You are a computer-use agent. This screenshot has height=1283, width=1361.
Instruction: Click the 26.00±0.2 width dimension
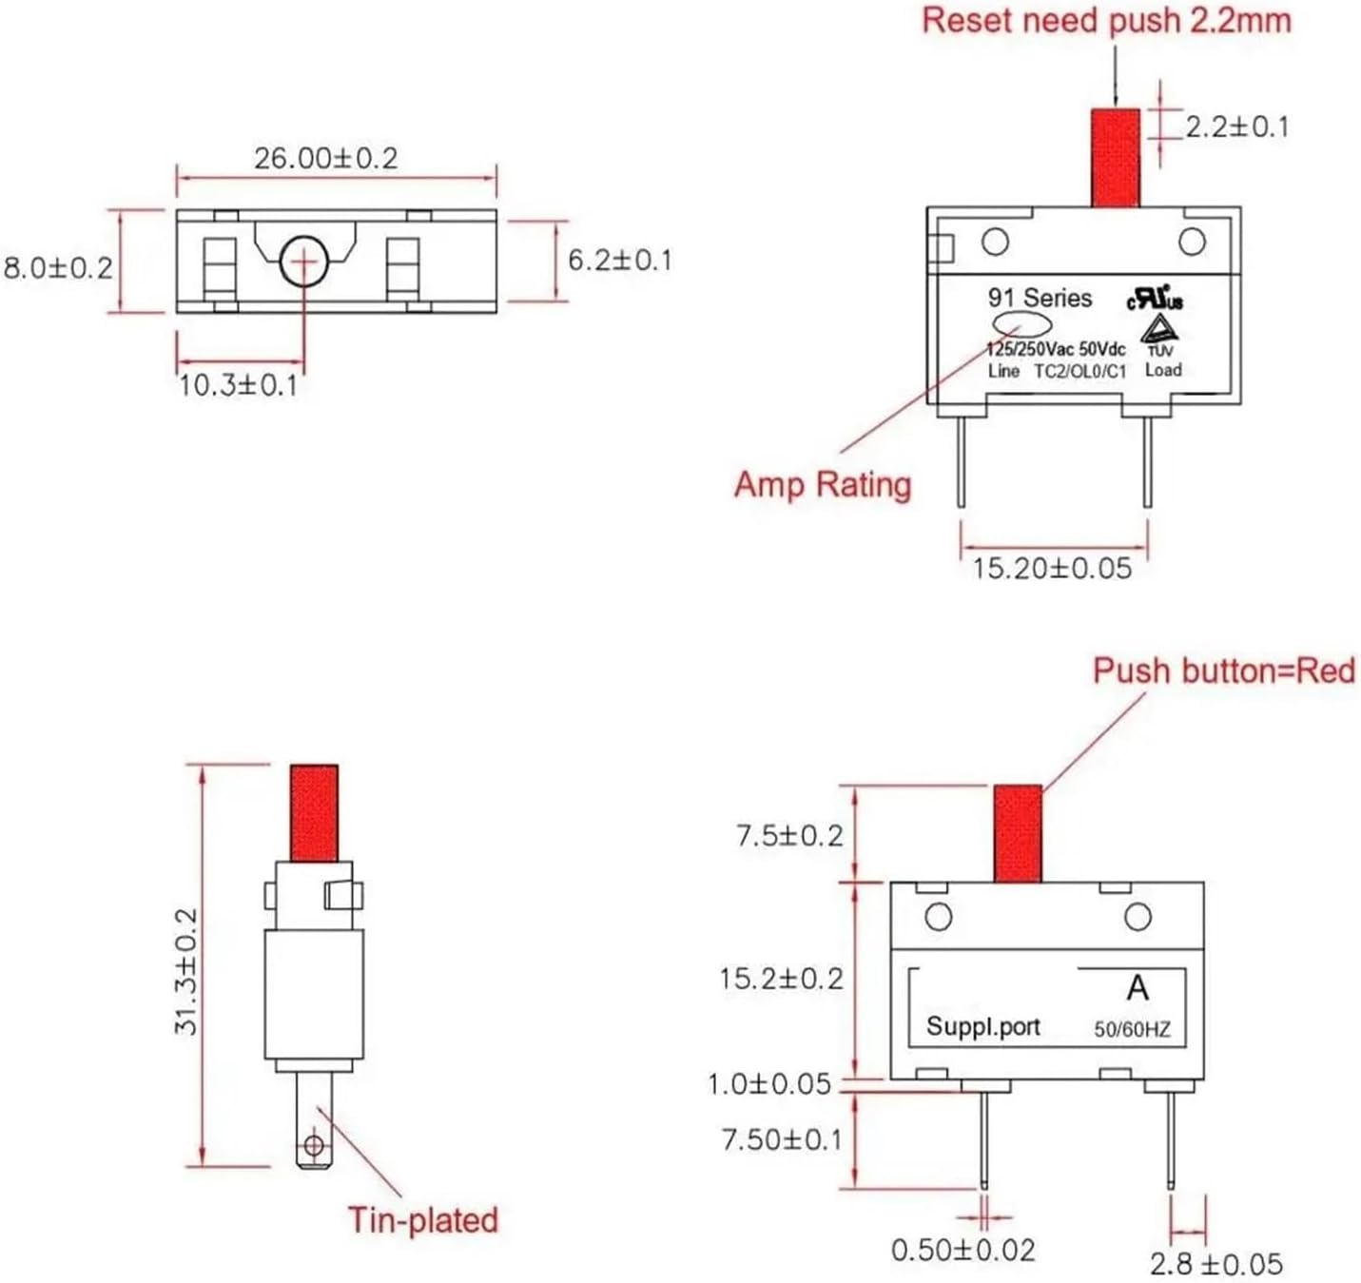coord(325,158)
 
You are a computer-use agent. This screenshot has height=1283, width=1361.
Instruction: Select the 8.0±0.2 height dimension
coord(58,267)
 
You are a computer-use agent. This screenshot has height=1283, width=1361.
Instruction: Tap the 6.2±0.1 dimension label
coord(619,260)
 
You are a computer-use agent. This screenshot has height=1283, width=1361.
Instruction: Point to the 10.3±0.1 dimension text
coord(238,385)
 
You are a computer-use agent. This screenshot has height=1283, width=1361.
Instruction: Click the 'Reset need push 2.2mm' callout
coord(1106,21)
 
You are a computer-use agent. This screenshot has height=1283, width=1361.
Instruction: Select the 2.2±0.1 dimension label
coord(1236,126)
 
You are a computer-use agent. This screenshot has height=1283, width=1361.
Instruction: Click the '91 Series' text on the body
coord(1040,298)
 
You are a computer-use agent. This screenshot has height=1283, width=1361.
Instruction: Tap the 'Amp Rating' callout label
coord(823,484)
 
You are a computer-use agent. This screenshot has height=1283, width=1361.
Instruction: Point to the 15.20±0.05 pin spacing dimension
coord(1052,569)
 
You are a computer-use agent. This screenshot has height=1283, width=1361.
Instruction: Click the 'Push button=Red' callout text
coord(1223,671)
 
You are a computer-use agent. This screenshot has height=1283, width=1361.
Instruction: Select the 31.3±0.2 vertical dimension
coord(185,970)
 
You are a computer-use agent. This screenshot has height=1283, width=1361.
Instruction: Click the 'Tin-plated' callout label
coord(423,1219)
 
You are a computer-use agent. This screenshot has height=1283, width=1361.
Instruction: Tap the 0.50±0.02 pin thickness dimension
coord(962,1249)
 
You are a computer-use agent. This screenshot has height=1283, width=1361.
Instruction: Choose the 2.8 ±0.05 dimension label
coord(1215,1263)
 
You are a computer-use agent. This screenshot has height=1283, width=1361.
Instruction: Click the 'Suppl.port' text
coord(982,1026)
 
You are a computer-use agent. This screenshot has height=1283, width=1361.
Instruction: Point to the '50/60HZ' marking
coord(1132,1029)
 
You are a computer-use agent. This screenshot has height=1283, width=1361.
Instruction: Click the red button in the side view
coord(314,813)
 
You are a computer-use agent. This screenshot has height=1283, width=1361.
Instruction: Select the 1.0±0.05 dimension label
coord(768,1084)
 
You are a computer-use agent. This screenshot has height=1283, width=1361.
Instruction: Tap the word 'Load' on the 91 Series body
coord(1163,370)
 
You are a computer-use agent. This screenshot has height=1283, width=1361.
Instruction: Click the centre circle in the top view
coord(303,261)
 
